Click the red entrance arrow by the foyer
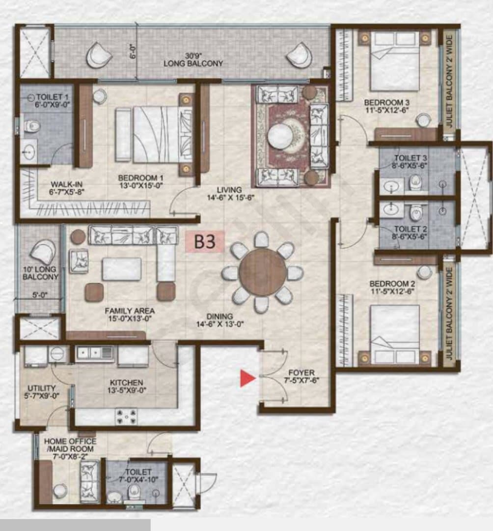[247, 378]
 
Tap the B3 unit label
[205, 241]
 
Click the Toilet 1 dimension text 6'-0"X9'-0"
[53, 105]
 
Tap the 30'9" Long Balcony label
[193, 59]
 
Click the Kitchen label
[127, 383]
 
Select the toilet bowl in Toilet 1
[32, 126]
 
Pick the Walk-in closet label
[67, 184]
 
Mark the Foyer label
[301, 373]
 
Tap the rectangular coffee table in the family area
[122, 269]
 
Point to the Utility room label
[41, 388]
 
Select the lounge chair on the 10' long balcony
[43, 251]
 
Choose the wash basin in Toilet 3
[392, 186]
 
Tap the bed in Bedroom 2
[395, 335]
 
